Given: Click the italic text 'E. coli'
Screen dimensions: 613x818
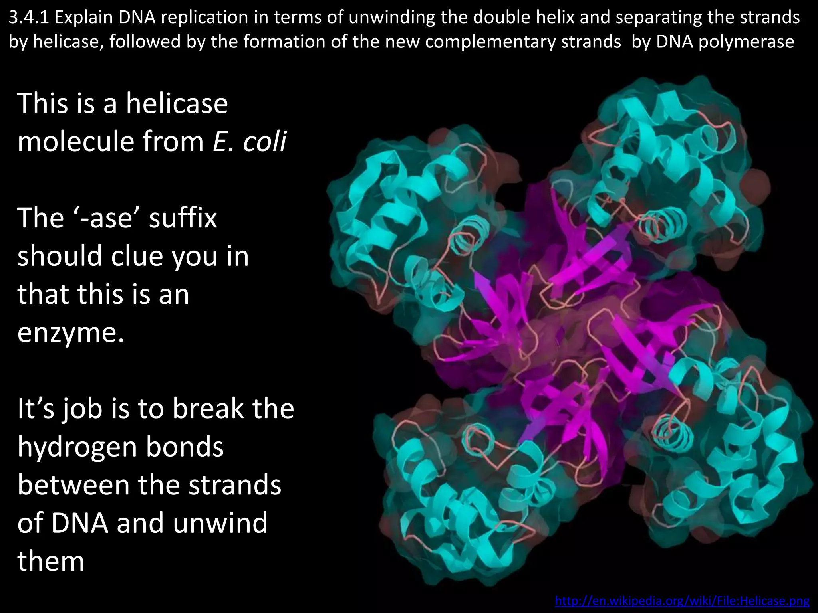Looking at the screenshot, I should click(x=249, y=141).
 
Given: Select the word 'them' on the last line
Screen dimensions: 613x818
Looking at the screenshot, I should click(x=51, y=561).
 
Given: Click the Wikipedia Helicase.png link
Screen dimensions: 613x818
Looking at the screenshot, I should click(x=682, y=601).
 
